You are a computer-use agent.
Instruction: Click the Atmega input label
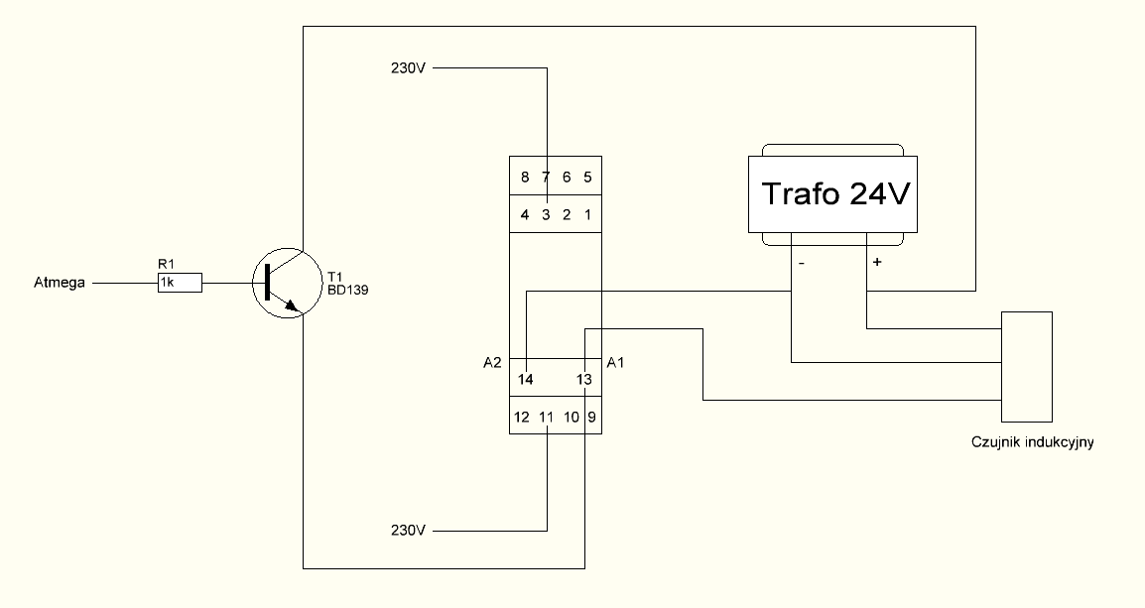coord(60,283)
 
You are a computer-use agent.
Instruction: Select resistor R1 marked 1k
coord(180,283)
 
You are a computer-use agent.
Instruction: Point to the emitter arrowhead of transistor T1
coord(294,306)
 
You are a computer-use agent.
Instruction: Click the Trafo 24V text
coord(836,194)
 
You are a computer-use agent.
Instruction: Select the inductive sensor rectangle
coord(1027,366)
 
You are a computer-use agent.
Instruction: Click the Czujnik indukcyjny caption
coord(1033,442)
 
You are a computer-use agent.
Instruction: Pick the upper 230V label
coord(408,68)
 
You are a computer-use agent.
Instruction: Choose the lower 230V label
coord(408,531)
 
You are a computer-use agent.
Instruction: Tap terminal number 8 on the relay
coord(525,178)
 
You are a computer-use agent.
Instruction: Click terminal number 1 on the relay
coord(587,214)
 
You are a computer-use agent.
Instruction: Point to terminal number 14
coord(526,380)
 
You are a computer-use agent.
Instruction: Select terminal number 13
coord(584,380)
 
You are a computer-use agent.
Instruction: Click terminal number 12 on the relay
coord(521,418)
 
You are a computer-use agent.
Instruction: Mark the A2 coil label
coord(492,363)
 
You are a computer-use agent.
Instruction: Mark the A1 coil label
coord(615,363)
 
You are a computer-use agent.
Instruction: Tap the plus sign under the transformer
coord(877,261)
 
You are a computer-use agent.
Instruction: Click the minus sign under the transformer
coord(801,263)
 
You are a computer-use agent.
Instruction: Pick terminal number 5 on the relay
coord(587,178)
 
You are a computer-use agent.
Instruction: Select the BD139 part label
coord(347,290)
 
